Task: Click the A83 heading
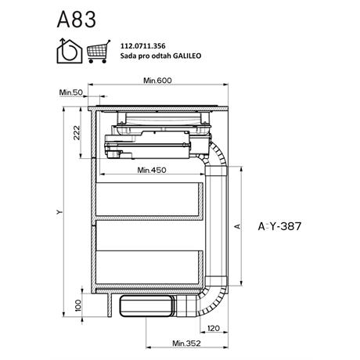coord(77,20)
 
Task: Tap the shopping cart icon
coord(99,52)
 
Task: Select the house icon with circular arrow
coord(70,51)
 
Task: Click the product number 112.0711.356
coord(142,46)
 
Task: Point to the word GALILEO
coord(188,56)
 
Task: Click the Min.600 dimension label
coord(157,81)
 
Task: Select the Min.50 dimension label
coord(71,92)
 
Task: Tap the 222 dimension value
coord(77,133)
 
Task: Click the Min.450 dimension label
coord(152,170)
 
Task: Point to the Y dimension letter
coord(59,212)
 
